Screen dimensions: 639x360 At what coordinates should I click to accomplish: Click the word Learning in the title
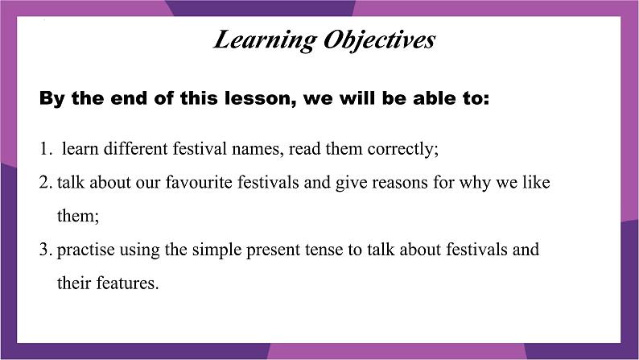[265, 41]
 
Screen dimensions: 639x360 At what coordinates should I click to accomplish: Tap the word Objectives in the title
[379, 41]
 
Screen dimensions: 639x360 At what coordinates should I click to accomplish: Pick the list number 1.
[46, 148]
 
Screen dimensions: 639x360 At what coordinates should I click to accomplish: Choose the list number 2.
[46, 182]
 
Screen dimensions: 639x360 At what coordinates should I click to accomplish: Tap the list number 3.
[46, 250]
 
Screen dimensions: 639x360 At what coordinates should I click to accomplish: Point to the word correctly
[402, 150]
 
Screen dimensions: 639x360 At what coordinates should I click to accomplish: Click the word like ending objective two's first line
[536, 182]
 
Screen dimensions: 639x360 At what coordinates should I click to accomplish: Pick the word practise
[85, 250]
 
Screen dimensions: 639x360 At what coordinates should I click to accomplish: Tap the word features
[127, 283]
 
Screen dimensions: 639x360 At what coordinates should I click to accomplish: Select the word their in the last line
[74, 283]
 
